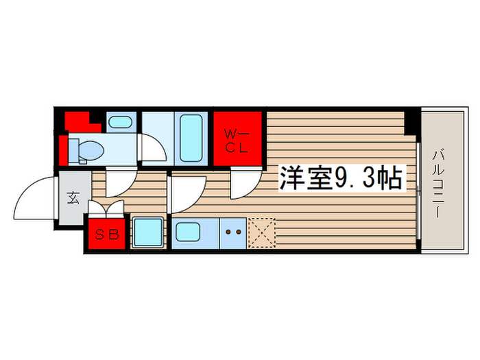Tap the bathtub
pos(190,137)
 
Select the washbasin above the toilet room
pos(121,123)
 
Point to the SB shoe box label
pos(106,235)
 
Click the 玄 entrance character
pos(72,200)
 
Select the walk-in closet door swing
pos(242,184)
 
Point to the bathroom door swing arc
pos(152,147)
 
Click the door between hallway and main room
pos(187,192)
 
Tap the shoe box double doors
pos(106,208)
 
